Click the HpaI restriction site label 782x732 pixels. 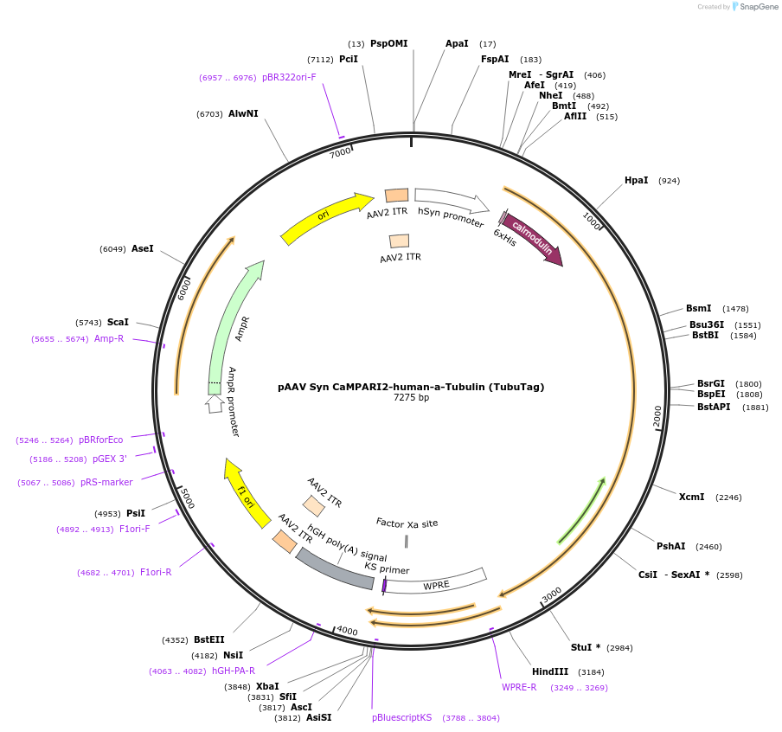(636, 180)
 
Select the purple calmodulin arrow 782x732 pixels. (532, 238)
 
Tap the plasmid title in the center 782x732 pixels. (411, 387)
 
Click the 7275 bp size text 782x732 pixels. (411, 398)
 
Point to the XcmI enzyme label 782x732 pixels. (691, 497)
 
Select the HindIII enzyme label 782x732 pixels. (550, 671)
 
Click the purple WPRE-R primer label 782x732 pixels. (519, 687)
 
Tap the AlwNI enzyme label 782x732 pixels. (243, 113)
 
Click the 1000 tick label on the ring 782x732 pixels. (592, 221)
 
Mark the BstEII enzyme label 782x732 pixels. (208, 639)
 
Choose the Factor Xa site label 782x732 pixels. (407, 523)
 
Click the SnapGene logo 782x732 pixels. (754, 7)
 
